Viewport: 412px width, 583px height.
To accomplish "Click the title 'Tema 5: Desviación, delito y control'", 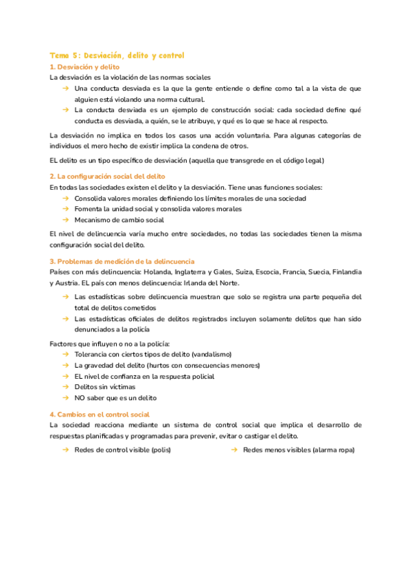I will (x=117, y=55).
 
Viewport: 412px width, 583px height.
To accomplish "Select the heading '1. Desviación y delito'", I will (x=85, y=67).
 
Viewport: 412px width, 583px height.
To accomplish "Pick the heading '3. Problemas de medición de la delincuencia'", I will (x=122, y=261).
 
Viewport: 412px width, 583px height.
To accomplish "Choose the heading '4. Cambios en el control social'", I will (x=100, y=415).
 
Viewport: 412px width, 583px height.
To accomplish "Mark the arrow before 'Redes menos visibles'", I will (x=234, y=449).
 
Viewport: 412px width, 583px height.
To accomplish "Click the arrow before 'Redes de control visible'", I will (x=65, y=449).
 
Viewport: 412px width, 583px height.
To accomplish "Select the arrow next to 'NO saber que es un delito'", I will (x=65, y=398).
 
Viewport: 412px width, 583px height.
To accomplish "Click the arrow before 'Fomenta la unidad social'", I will (x=65, y=209).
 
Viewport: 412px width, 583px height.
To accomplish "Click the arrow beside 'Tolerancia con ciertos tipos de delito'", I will (x=65, y=354).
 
